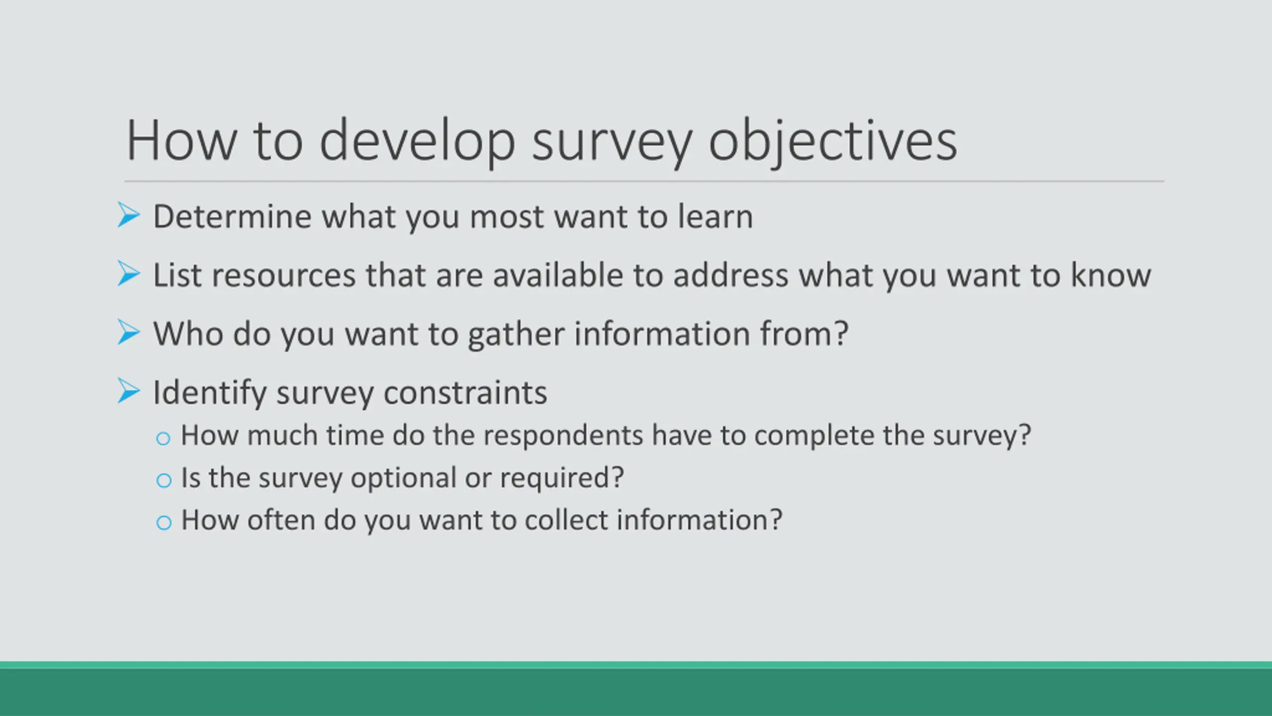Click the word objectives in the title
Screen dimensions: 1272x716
point(833,141)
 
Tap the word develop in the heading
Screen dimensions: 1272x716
point(417,141)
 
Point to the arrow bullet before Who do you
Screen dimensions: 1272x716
point(129,332)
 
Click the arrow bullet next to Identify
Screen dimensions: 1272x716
point(129,391)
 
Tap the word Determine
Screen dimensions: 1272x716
point(233,217)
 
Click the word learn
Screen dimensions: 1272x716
point(715,217)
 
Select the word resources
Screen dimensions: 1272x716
point(284,275)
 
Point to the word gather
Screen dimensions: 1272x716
point(516,334)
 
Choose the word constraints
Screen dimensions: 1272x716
point(466,393)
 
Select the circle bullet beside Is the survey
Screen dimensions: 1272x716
point(163,480)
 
